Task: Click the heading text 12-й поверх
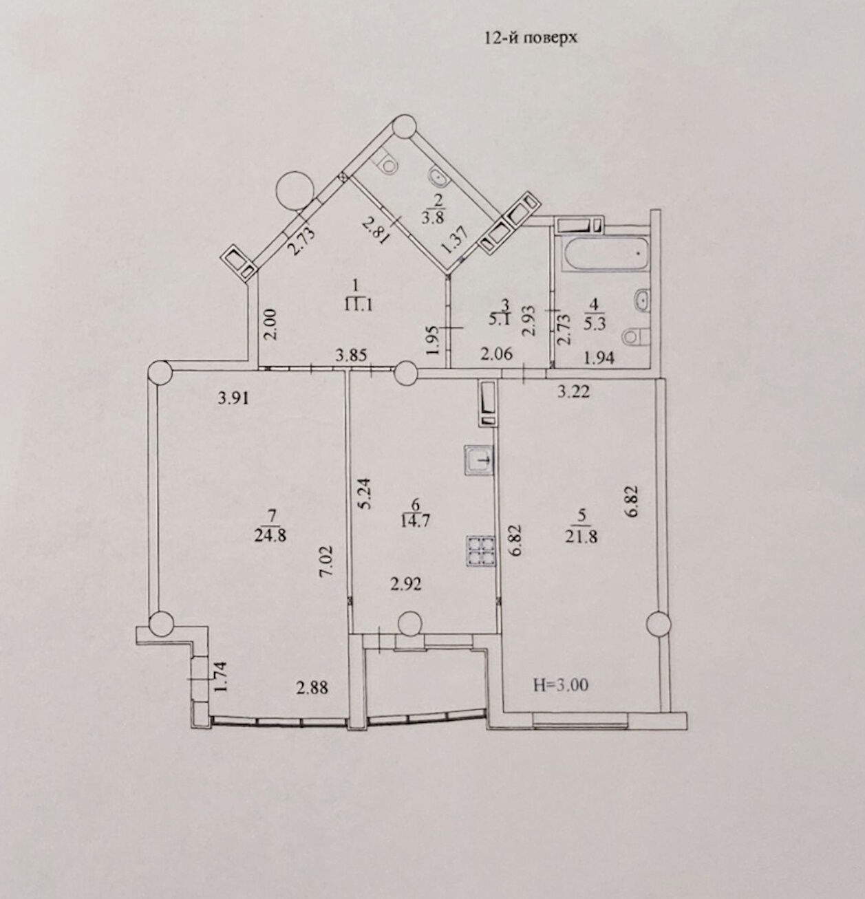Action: [530, 37]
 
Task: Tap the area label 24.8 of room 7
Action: [270, 535]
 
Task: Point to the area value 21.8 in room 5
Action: [581, 537]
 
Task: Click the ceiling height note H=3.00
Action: [560, 684]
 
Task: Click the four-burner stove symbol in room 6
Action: [481, 551]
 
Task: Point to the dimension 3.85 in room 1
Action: [351, 356]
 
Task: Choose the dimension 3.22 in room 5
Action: [573, 392]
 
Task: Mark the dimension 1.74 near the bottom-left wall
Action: [220, 678]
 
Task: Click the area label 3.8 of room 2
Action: [432, 217]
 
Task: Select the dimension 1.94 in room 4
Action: [599, 358]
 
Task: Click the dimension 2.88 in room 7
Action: [312, 688]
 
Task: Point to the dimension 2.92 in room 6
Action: [405, 585]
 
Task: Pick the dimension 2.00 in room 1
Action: [271, 325]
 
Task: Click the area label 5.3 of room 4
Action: [595, 324]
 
